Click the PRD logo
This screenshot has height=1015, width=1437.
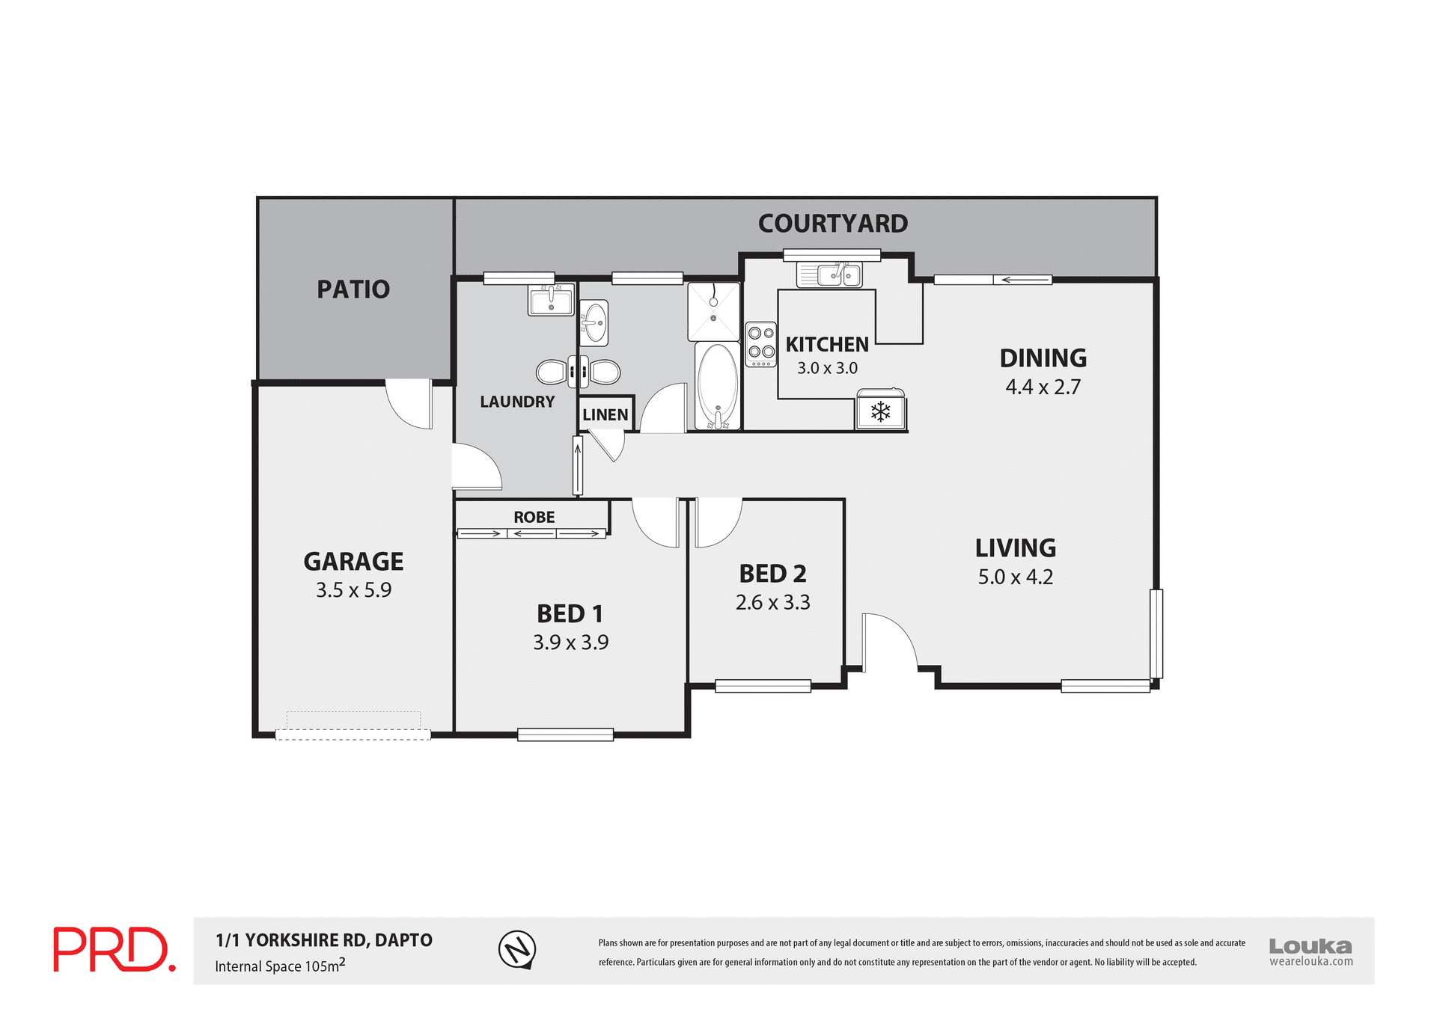click(114, 949)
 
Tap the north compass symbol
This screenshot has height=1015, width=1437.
click(517, 949)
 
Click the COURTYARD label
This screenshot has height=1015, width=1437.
click(832, 224)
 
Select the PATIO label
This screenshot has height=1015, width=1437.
click(353, 289)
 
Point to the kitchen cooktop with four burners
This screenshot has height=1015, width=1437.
click(761, 344)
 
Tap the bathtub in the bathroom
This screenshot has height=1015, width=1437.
click(718, 386)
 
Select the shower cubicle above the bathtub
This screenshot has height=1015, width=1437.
click(714, 311)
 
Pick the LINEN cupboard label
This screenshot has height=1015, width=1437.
click(605, 415)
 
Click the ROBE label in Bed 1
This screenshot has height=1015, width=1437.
click(534, 517)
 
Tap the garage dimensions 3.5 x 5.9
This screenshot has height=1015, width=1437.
click(353, 590)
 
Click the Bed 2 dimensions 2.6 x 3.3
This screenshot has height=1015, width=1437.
click(772, 602)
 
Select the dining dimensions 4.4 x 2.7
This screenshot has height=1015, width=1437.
click(1043, 387)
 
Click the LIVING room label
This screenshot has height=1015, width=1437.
click(1015, 548)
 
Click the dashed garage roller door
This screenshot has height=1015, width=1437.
click(353, 735)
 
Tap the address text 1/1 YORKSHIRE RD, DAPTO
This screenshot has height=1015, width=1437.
click(323, 940)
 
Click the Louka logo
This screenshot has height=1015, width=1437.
click(1310, 950)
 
